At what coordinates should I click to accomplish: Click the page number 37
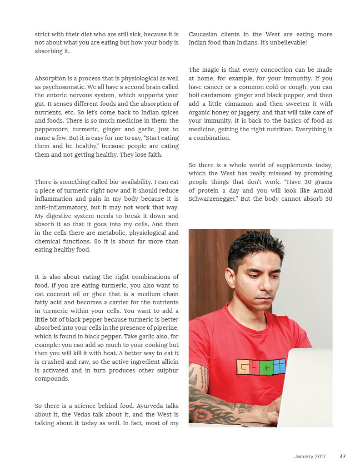point(343,456)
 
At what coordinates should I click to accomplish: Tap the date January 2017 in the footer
point(310,456)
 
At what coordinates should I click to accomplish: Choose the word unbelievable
point(288,43)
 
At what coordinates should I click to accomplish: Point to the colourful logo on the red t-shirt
point(261,367)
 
